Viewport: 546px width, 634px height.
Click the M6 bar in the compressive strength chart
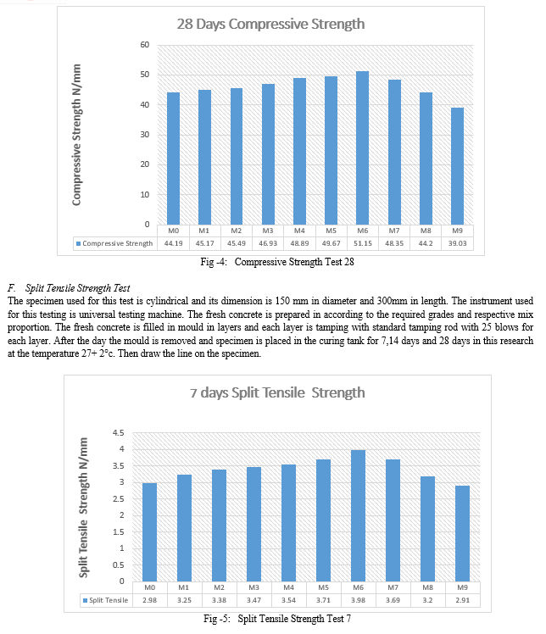click(x=362, y=148)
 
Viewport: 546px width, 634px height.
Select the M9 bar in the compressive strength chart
click(x=458, y=166)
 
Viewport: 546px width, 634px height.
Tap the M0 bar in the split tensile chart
click(x=150, y=532)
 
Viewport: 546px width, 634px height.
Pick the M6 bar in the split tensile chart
click(x=359, y=515)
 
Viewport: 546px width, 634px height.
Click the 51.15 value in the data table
click(x=362, y=243)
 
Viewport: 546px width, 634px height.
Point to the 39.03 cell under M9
click(x=458, y=243)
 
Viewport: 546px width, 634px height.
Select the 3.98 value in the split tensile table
click(x=359, y=600)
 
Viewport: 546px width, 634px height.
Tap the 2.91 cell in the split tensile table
click(x=463, y=600)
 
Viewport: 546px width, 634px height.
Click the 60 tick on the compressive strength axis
click(x=145, y=45)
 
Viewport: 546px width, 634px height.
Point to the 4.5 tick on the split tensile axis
click(x=119, y=432)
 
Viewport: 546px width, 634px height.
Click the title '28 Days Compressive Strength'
click(x=270, y=25)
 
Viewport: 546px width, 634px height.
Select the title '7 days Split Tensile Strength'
click(x=277, y=393)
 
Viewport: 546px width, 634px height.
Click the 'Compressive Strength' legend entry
click(x=114, y=243)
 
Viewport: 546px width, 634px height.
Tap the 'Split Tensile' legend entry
click(x=106, y=600)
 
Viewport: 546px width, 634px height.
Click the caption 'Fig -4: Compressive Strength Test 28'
click(x=277, y=262)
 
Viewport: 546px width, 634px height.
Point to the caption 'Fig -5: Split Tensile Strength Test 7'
click(x=277, y=619)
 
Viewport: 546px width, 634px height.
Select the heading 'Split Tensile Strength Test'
click(x=78, y=288)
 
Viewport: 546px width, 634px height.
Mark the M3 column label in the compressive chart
click(x=268, y=231)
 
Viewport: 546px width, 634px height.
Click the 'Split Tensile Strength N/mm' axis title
click(x=83, y=508)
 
